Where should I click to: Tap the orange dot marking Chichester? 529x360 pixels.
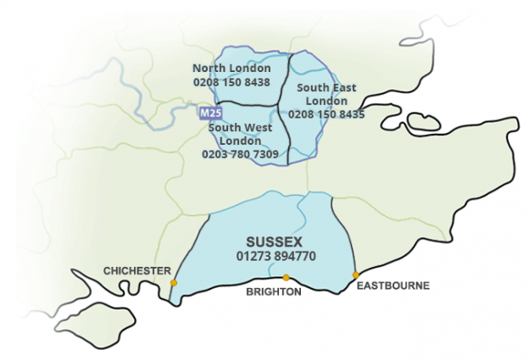click(x=174, y=283)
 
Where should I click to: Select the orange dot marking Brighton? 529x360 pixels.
click(x=286, y=278)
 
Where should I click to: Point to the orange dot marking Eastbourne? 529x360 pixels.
click(x=356, y=274)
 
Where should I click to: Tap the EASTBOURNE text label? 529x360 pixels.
click(x=393, y=286)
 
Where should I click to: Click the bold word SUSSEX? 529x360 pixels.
click(x=274, y=241)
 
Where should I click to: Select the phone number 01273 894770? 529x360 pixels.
click(x=274, y=255)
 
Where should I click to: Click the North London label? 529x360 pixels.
click(x=231, y=68)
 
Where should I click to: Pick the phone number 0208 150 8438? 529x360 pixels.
click(x=231, y=82)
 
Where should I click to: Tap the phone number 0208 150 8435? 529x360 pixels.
click(x=326, y=114)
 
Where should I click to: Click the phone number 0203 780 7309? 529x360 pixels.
click(x=240, y=155)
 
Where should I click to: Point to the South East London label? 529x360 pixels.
click(x=326, y=93)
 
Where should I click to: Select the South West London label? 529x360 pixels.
click(x=240, y=134)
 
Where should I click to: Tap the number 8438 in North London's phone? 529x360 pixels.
click(x=255, y=82)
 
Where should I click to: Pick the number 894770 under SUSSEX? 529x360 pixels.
click(x=292, y=255)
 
